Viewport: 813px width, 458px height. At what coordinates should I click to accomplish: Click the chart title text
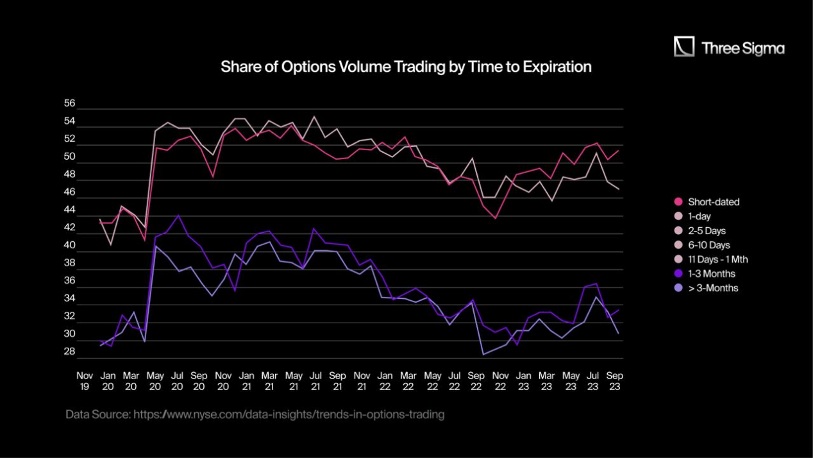pyautogui.click(x=405, y=67)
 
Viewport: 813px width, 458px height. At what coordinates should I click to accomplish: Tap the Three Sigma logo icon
pyautogui.click(x=684, y=47)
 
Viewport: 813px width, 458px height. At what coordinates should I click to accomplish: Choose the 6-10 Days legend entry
pyautogui.click(x=708, y=245)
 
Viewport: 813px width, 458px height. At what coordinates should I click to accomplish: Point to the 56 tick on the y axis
pyautogui.click(x=70, y=103)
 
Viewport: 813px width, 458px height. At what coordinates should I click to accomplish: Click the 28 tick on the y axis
pyautogui.click(x=70, y=352)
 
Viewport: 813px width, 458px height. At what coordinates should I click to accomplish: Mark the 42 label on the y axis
pyautogui.click(x=70, y=228)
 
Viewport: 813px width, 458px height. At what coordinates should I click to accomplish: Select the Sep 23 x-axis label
pyautogui.click(x=615, y=380)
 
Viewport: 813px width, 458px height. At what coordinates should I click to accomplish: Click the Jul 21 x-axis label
pyautogui.click(x=315, y=380)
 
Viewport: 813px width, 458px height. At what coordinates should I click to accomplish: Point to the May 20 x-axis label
pyautogui.click(x=155, y=380)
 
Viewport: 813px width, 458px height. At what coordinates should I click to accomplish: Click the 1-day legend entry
pyautogui.click(x=699, y=216)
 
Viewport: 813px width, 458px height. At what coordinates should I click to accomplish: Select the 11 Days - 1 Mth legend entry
pyautogui.click(x=717, y=260)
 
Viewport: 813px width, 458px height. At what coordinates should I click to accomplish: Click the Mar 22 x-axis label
pyautogui.click(x=408, y=380)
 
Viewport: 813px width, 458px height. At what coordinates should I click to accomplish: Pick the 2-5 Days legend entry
pyautogui.click(x=707, y=230)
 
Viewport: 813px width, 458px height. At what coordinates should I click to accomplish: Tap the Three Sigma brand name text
pyautogui.click(x=742, y=48)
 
